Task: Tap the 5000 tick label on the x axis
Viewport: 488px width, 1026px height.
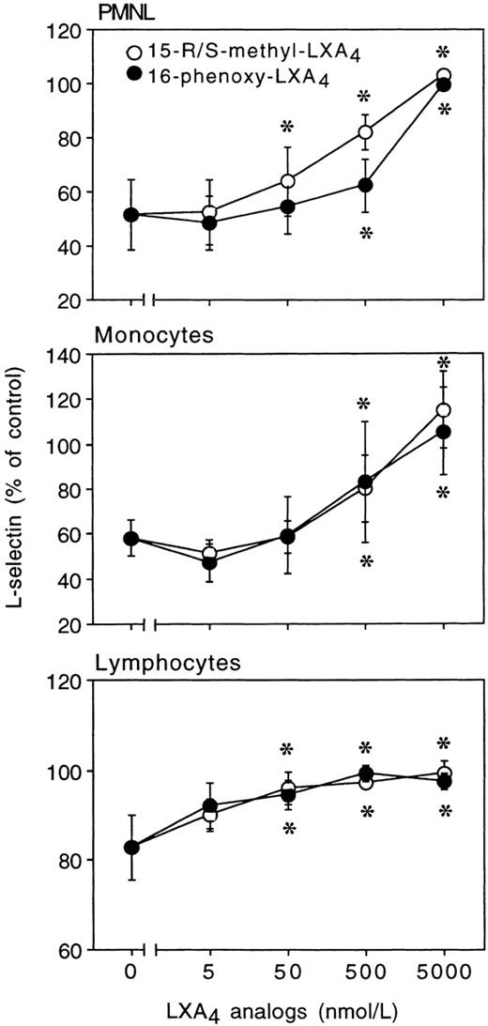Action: tap(444, 972)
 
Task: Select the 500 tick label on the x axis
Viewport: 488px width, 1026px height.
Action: tap(366, 972)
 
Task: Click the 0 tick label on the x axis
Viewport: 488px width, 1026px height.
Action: tap(131, 972)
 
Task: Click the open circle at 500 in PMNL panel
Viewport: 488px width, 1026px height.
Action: tap(366, 132)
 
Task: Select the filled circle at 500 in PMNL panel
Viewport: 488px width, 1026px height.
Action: tap(366, 186)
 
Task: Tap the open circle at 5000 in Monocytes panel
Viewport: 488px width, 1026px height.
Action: tap(444, 410)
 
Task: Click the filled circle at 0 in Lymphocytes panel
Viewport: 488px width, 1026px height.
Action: tap(131, 848)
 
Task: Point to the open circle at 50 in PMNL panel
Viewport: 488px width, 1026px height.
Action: tap(288, 181)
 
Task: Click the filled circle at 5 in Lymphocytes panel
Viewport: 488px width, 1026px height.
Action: tap(209, 805)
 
